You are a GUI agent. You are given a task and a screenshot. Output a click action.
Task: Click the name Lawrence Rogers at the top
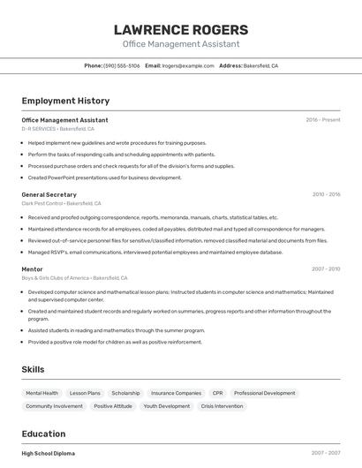click(180, 31)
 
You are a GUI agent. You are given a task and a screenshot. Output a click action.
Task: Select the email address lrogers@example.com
click(188, 65)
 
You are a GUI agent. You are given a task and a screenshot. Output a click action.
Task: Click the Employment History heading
click(65, 102)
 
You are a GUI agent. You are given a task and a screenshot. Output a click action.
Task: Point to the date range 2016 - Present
click(322, 120)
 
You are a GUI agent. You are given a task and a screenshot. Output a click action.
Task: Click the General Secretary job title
click(49, 194)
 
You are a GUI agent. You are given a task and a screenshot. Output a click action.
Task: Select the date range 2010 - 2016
click(326, 194)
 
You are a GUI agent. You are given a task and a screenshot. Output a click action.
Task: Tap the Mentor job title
click(32, 268)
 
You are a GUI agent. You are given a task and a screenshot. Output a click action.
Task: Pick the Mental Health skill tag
click(42, 393)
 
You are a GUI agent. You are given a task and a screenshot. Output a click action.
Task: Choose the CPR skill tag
click(217, 393)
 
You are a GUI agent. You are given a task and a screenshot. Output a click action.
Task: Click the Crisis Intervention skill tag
click(222, 406)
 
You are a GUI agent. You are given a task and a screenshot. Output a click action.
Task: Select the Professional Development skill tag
click(264, 393)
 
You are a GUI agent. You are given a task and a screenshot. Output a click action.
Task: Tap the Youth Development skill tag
click(167, 406)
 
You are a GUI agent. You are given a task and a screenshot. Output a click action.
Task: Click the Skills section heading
click(34, 369)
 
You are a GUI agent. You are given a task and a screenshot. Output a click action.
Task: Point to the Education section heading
click(43, 434)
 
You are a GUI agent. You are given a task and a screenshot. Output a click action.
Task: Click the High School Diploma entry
click(48, 453)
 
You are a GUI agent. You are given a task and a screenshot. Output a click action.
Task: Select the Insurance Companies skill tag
click(176, 393)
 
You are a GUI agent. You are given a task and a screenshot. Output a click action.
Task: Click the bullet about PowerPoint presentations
click(104, 177)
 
